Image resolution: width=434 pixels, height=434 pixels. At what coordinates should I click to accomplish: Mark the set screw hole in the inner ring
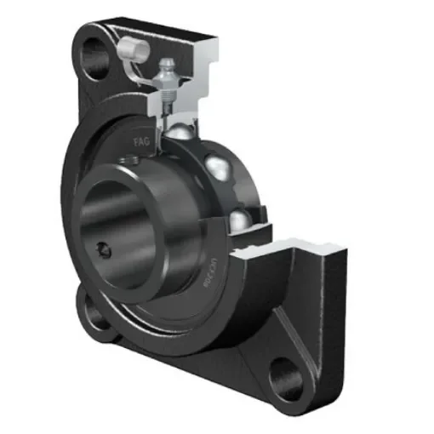pyautogui.click(x=103, y=248)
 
